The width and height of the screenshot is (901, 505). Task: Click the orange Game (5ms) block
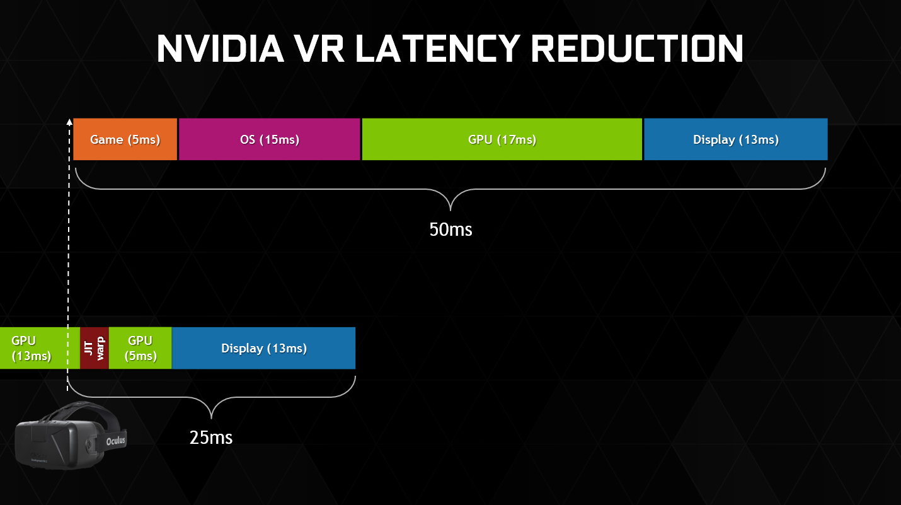(125, 139)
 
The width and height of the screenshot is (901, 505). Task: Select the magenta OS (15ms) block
(269, 139)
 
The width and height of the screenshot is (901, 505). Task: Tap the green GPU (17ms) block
(502, 139)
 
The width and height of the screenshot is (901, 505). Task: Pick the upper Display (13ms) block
(735, 139)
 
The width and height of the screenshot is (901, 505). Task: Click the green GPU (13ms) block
(32, 347)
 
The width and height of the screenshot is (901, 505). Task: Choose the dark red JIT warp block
(95, 347)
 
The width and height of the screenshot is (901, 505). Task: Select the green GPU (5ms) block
(140, 347)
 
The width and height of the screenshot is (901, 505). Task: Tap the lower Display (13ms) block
(263, 347)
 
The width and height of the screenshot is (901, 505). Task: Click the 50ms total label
(450, 229)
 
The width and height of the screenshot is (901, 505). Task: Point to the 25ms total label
(211, 437)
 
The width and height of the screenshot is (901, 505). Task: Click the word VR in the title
(319, 49)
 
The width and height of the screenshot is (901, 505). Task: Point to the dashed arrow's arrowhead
(69, 120)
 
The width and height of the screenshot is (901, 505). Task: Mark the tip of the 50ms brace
(450, 210)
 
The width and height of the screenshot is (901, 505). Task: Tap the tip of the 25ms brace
(211, 418)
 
